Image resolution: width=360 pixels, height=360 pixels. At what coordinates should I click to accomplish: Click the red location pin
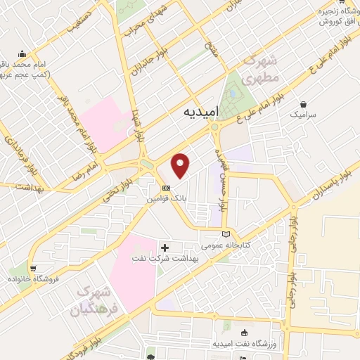coord(181,165)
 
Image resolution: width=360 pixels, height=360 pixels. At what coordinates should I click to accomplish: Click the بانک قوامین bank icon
coord(166,188)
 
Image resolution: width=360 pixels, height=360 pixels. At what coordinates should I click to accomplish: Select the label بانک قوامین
coord(166,199)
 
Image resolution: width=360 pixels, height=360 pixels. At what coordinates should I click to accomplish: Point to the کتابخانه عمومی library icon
coord(225,234)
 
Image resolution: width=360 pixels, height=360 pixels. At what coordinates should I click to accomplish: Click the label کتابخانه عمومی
coord(224,245)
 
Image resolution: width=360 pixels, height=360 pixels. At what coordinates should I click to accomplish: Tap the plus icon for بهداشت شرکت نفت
coord(166,247)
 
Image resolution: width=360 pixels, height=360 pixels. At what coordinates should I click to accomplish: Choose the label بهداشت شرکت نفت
coord(161,259)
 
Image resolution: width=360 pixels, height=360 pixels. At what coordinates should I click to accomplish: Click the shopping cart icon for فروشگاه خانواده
coord(33,268)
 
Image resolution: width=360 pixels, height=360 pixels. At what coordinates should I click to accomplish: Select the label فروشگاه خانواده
coord(32,278)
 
